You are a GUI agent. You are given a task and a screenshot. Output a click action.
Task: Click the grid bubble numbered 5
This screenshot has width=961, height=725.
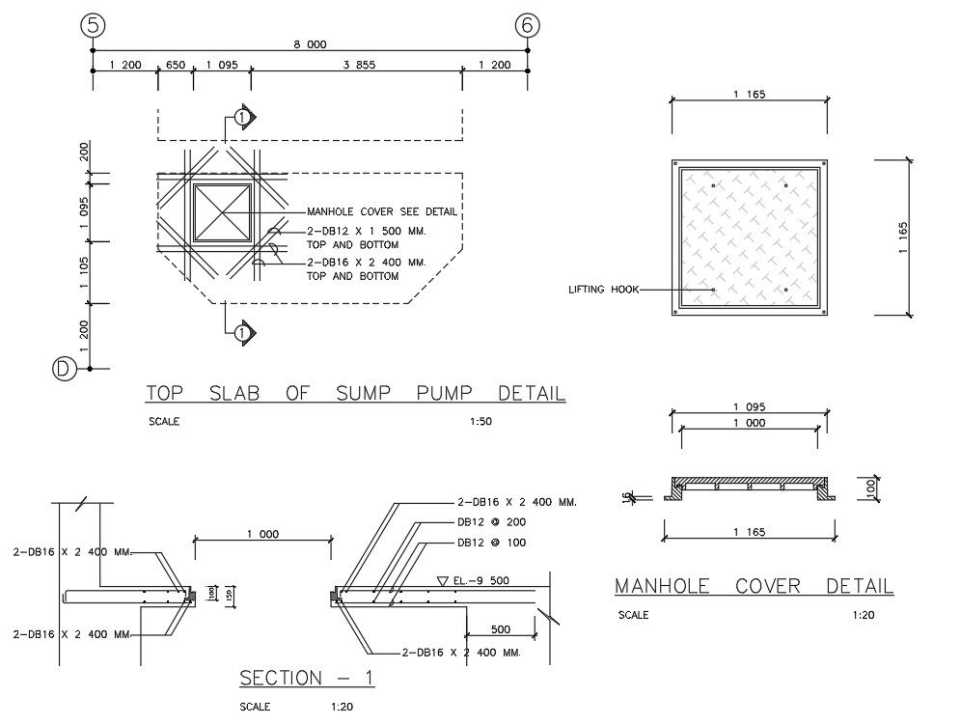click(93, 26)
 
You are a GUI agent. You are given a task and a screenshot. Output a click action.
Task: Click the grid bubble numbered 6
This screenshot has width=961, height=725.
click(527, 26)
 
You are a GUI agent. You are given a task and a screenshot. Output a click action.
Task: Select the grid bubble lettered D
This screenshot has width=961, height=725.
click(65, 369)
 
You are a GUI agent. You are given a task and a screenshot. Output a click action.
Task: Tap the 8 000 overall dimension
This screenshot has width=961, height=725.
click(310, 43)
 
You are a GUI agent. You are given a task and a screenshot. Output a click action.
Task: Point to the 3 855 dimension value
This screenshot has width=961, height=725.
click(359, 65)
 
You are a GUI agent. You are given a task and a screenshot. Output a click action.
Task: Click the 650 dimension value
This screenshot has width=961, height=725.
click(176, 65)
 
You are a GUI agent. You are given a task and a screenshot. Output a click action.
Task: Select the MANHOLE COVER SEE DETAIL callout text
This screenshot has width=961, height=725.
click(381, 212)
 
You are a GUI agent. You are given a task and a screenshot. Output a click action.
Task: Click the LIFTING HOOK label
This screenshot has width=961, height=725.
click(597, 289)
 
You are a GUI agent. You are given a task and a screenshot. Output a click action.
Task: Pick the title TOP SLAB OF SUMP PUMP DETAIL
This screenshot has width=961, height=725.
click(355, 394)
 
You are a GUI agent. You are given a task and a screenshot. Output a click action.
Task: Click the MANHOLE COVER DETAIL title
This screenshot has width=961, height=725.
click(754, 586)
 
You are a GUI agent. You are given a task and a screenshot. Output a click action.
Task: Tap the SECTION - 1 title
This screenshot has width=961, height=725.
click(307, 679)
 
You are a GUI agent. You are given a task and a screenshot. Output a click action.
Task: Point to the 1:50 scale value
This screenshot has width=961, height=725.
click(480, 421)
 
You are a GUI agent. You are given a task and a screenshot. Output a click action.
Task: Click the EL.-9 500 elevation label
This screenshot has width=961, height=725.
click(480, 580)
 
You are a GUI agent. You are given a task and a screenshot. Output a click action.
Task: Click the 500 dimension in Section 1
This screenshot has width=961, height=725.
click(500, 629)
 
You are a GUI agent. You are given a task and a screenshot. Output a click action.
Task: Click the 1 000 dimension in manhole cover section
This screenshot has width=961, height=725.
click(748, 423)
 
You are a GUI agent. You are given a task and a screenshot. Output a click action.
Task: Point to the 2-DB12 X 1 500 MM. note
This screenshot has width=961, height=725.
click(366, 232)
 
